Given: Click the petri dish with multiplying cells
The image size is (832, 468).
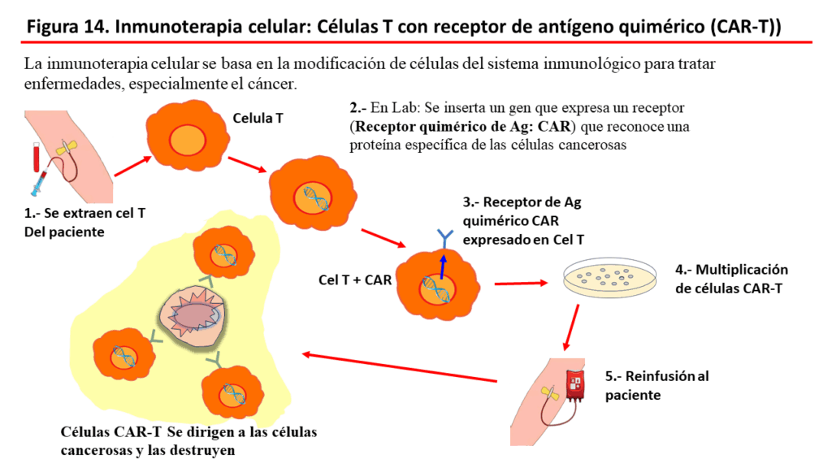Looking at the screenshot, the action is click(609, 277).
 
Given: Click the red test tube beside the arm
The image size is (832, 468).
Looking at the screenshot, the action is click(36, 157).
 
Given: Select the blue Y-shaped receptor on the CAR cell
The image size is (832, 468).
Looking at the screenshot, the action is click(444, 239).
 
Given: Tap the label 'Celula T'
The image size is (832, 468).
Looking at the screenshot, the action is click(258, 119).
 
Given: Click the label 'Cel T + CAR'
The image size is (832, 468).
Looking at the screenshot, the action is click(355, 280).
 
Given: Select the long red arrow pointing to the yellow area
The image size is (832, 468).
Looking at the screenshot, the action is click(400, 367).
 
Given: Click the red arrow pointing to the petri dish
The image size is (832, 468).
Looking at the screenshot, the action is click(521, 284).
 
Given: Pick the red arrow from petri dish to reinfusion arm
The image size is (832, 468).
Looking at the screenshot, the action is click(571, 327).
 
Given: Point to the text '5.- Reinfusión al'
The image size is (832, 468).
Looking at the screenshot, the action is click(656, 376).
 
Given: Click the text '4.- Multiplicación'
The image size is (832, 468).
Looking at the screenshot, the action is click(732, 270).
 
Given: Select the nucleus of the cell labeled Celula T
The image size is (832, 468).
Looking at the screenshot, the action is click(188, 141).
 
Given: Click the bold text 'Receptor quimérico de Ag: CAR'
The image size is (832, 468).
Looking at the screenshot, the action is click(462, 126).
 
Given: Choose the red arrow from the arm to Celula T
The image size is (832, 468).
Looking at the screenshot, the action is click(133, 166).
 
